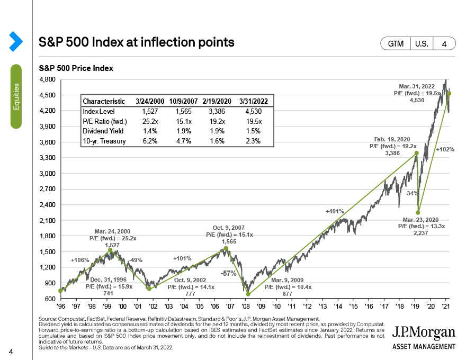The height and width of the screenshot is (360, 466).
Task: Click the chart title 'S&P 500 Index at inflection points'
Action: (137, 42)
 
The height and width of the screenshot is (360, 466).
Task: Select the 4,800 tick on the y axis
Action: (48, 79)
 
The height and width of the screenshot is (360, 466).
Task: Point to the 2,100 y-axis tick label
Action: (48, 220)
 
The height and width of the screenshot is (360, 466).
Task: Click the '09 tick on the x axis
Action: (261, 307)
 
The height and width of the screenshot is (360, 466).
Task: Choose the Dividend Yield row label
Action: (103, 131)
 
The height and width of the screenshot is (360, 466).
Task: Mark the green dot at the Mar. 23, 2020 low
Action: (418, 212)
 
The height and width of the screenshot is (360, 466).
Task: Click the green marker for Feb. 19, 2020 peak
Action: (416, 153)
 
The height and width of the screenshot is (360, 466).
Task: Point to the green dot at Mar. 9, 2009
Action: (248, 294)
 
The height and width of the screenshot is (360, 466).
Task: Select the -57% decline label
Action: (229, 273)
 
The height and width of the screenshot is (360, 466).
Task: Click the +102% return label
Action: (445, 150)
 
